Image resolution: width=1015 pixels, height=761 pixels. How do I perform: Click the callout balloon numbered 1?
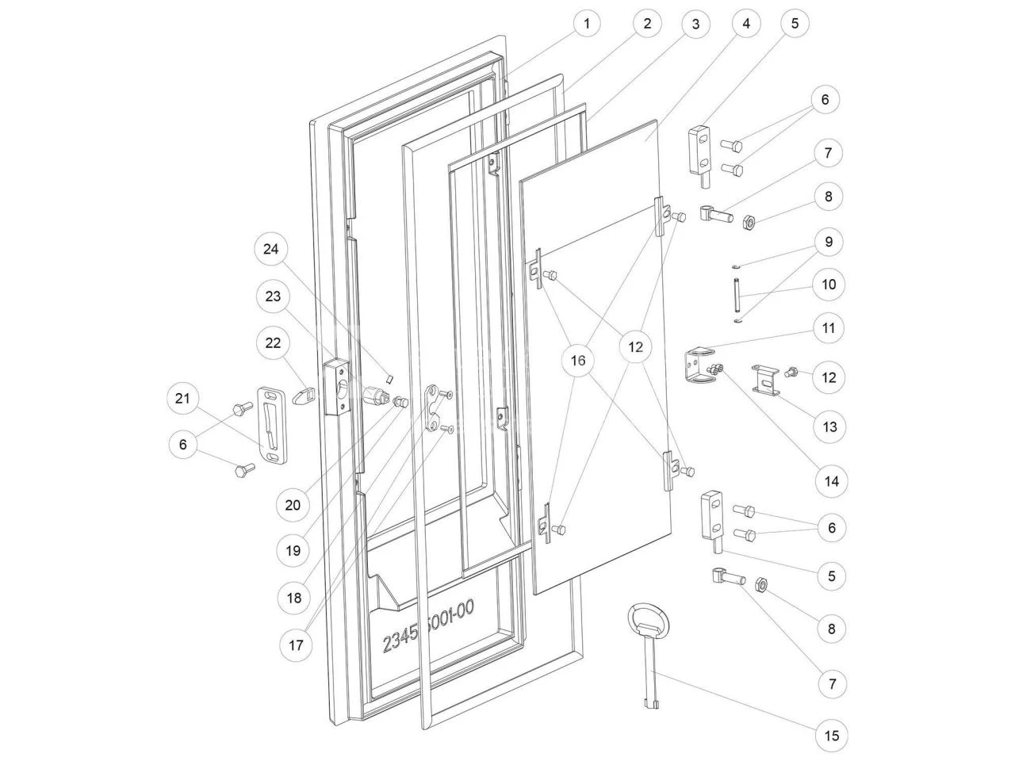(x=587, y=24)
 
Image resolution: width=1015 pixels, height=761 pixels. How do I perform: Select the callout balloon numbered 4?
(x=746, y=24)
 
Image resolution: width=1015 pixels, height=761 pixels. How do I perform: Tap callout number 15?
(x=831, y=736)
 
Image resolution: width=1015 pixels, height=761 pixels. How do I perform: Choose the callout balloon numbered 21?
(x=183, y=399)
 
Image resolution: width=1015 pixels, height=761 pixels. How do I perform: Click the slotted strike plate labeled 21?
(x=270, y=423)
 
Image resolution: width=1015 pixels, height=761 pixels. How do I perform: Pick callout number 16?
(x=578, y=361)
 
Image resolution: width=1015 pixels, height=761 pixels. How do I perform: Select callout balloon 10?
(x=829, y=285)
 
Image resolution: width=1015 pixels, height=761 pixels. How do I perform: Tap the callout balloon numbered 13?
(x=829, y=427)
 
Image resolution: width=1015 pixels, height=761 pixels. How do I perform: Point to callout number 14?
(x=831, y=481)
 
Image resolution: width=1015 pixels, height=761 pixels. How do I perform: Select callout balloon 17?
(x=295, y=644)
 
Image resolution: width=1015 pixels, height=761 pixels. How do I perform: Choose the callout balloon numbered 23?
(x=273, y=296)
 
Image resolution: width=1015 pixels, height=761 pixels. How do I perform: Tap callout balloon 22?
(x=273, y=342)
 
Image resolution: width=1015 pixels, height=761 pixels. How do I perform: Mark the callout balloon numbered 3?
(x=695, y=24)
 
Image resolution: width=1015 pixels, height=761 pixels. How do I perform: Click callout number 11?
(x=829, y=327)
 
